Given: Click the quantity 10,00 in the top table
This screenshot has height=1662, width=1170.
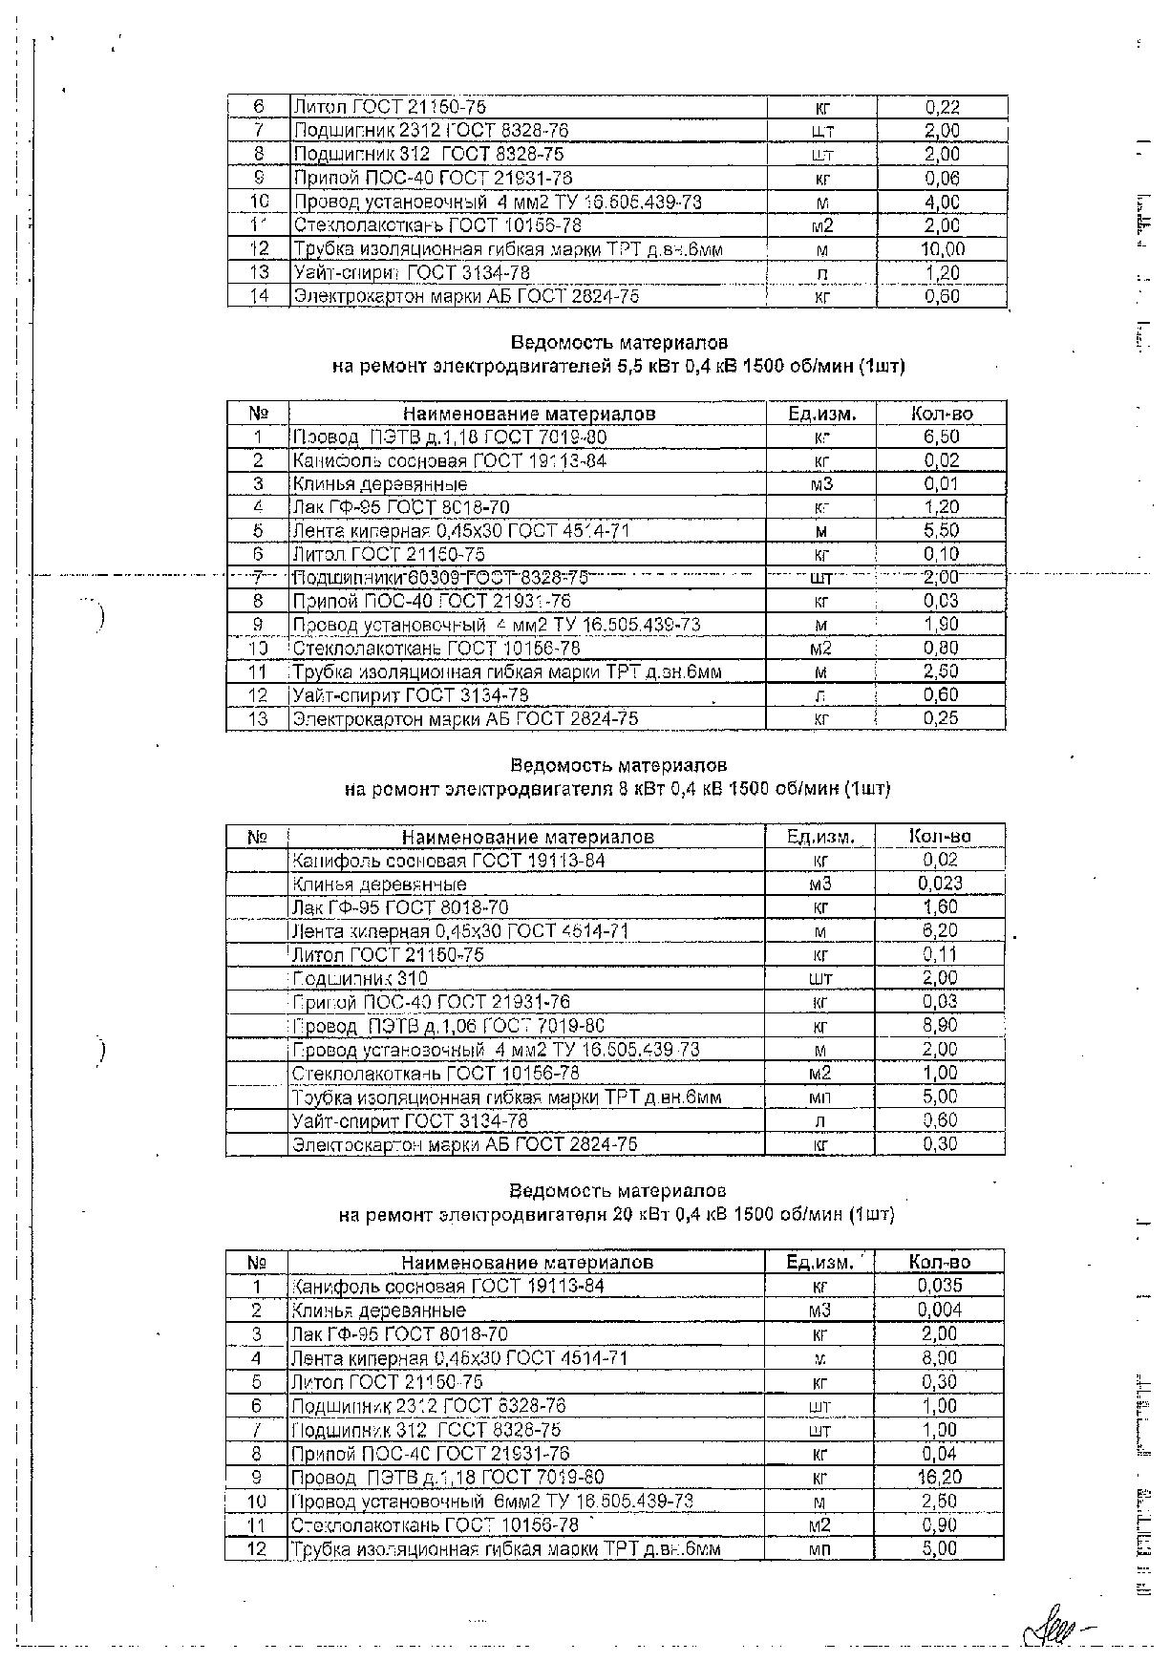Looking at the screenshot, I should pos(943,249).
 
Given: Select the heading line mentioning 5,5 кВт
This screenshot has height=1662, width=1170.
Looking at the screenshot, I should pos(618,366).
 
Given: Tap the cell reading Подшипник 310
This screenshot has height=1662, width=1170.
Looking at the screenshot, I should pos(360,978).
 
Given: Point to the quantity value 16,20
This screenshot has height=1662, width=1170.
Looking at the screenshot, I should pos(941,1477).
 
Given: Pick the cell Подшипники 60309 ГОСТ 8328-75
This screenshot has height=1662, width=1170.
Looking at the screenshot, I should pos(439,578).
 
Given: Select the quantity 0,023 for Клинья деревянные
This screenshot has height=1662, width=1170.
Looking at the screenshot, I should pos(941,884).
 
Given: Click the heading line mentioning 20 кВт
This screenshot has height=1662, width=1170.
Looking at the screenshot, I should pos(616,1215).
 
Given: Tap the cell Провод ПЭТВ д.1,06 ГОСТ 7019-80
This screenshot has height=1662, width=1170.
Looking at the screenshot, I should pos(448,1026).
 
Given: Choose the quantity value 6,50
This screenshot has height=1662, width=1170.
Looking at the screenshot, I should pos(941,437).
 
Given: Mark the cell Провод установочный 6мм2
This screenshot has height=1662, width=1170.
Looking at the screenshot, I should pos(492,1501).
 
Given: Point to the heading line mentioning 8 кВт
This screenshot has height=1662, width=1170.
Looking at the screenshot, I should pos(617,789).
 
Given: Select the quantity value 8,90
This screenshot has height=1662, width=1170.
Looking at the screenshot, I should pos(941,1026).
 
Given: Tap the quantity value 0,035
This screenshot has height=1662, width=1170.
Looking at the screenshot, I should pos(940,1286).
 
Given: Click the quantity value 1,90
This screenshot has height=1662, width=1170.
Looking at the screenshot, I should pos(941,625).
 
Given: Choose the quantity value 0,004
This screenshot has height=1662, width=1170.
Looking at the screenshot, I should pos(940,1310).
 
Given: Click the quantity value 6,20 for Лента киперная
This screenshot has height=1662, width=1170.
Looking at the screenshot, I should pos(941,930).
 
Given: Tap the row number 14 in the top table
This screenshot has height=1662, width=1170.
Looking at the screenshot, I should pos(259,296).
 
